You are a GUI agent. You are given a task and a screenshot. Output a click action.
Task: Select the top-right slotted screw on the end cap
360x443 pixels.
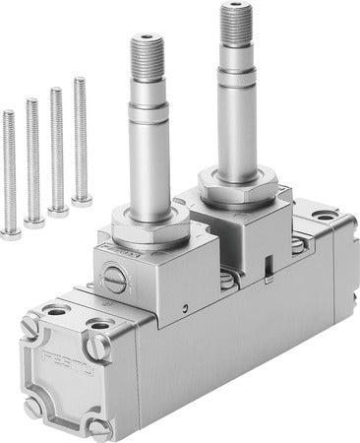(x=95, y=346)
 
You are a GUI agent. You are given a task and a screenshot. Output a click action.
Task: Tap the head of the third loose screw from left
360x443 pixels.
(x=58, y=211)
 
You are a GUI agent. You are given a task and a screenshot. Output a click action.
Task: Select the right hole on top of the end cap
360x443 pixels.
(x=98, y=322)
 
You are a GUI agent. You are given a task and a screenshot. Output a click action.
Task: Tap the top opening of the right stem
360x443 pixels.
(x=235, y=8)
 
